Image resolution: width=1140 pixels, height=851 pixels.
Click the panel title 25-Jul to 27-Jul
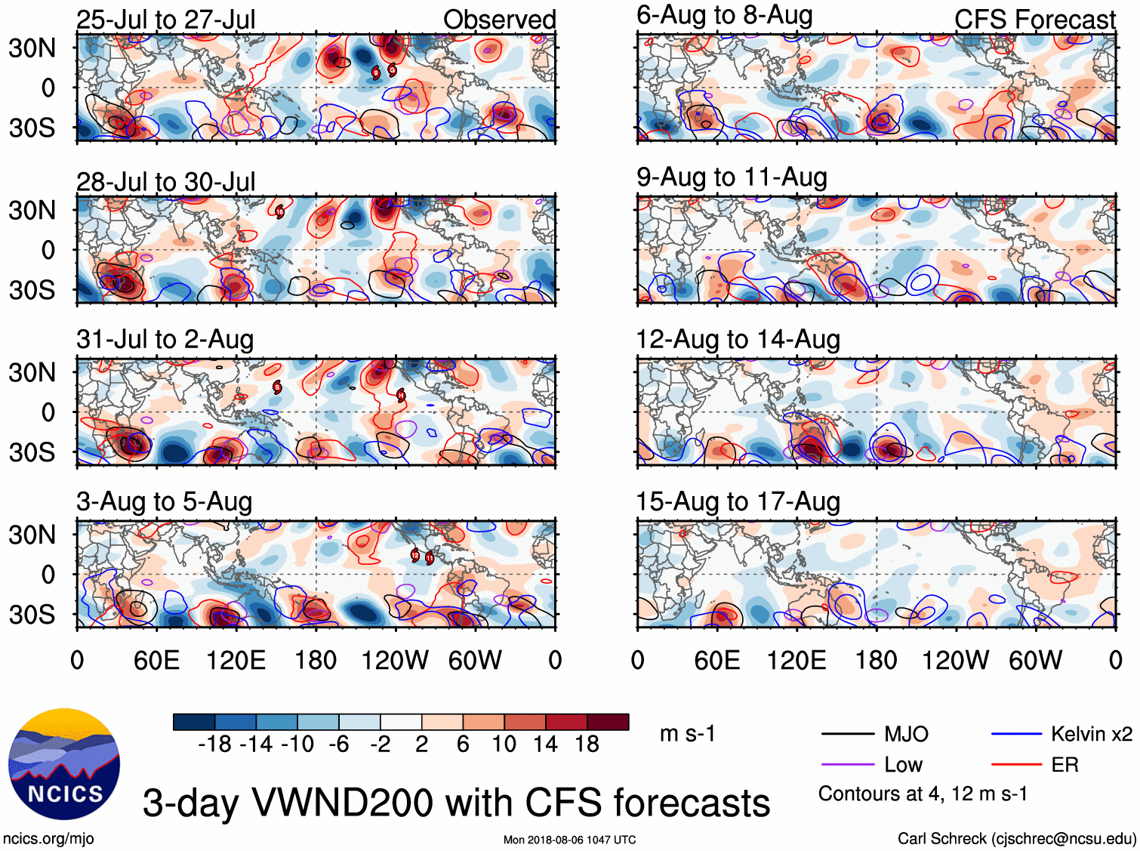click(165, 20)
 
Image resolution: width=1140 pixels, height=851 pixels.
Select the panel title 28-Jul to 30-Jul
click(165, 182)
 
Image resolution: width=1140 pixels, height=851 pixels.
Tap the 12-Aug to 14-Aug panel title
click(738, 340)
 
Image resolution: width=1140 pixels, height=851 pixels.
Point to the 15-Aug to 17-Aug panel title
click(738, 502)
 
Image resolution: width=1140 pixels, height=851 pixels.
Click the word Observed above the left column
click(499, 20)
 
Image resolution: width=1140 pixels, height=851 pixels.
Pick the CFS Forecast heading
click(1034, 20)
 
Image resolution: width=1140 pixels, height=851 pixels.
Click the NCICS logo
click(64, 763)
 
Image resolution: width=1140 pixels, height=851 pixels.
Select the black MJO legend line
click(847, 734)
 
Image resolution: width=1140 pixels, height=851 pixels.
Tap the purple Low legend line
click(847, 765)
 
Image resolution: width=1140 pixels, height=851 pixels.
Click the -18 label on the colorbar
click(215, 745)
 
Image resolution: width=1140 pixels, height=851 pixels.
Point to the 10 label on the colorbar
click(504, 745)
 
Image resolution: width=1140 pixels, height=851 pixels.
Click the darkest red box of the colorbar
click(608, 722)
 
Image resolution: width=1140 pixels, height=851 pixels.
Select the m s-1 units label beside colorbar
click(687, 734)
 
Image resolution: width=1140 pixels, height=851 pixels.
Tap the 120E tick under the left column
click(236, 661)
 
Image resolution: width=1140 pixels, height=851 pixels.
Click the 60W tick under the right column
click(1035, 661)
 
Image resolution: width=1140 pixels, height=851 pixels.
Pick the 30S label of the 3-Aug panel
click(32, 615)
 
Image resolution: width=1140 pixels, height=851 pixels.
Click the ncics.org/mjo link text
click(48, 838)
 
